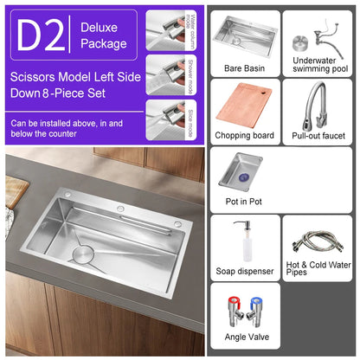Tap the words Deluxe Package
(103, 35)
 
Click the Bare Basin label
(244, 67)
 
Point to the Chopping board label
(244, 136)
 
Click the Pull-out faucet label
(319, 136)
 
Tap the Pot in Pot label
(244, 200)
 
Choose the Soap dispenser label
(244, 271)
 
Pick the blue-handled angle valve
(255, 311)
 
